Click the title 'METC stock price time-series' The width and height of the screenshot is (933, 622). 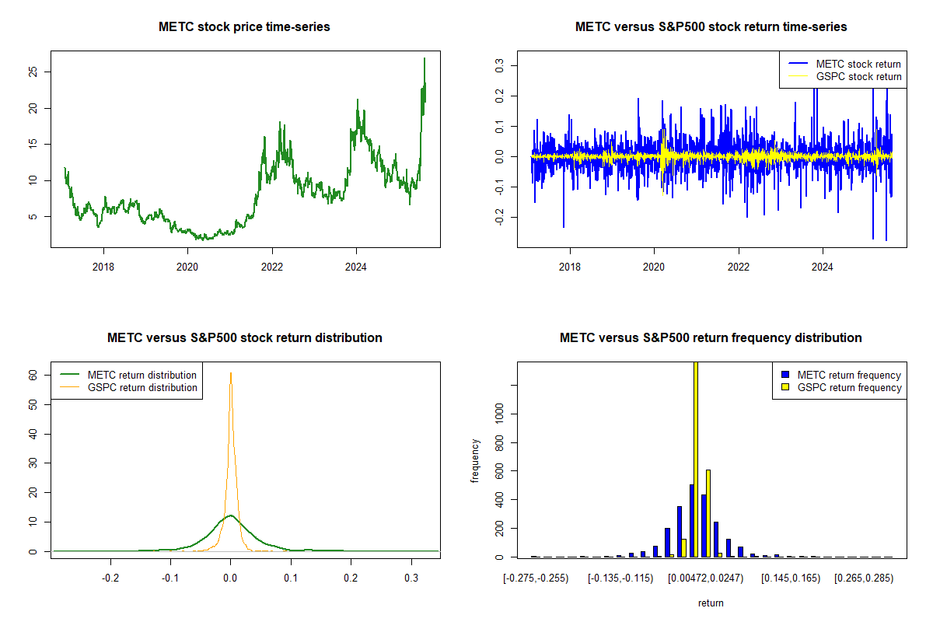click(x=244, y=27)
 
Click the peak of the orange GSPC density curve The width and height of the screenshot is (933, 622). click(x=230, y=373)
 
